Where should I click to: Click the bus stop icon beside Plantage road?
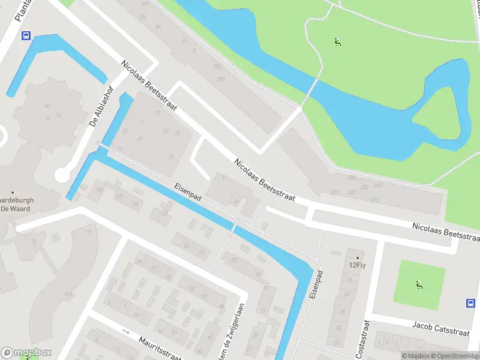[26, 35]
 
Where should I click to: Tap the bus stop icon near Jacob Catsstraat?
[470, 303]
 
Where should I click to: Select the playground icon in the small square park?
[418, 284]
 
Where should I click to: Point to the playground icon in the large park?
[337, 42]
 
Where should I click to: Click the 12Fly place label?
[357, 264]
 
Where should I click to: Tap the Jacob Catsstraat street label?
[439, 325]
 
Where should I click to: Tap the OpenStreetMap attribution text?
[455, 356]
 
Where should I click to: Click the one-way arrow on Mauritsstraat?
[125, 331]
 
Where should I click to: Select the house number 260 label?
[220, 79]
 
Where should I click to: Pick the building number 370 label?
[374, 200]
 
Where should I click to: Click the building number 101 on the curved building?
[68, 294]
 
